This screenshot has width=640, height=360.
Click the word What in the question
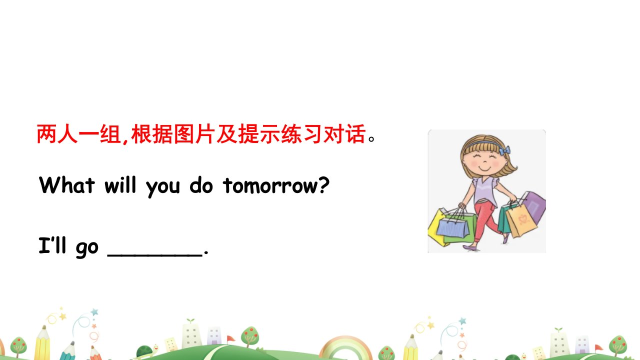[67, 185]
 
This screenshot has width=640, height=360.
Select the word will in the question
[120, 185]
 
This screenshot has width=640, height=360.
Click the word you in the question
[163, 188]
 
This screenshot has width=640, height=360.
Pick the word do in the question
[201, 185]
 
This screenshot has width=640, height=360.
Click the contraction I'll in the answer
[52, 245]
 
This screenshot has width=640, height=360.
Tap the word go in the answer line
[87, 248]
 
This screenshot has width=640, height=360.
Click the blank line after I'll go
[155, 255]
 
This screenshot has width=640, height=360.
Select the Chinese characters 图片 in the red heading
[194, 133]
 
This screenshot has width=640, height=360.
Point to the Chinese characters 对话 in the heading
[345, 133]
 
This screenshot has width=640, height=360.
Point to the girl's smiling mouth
[484, 168]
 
